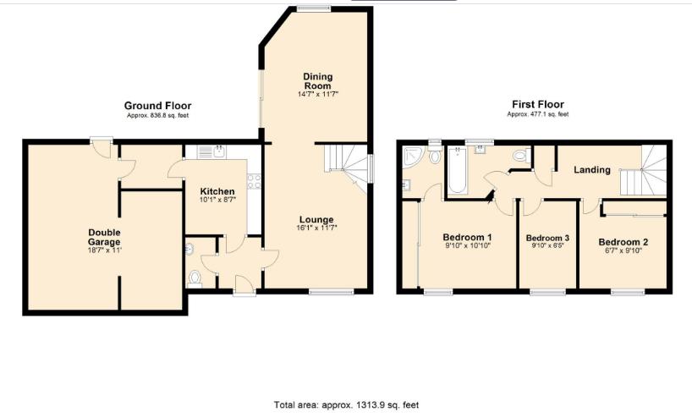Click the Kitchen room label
(x=217, y=191)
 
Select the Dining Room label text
(x=317, y=81)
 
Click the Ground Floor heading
(x=158, y=106)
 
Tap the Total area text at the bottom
(x=346, y=405)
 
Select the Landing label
(x=592, y=170)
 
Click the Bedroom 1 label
(x=468, y=237)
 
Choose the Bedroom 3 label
(x=547, y=239)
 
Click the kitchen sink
(x=217, y=153)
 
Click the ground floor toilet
(x=195, y=277)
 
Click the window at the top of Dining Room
(x=314, y=9)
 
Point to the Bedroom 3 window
(x=541, y=292)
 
